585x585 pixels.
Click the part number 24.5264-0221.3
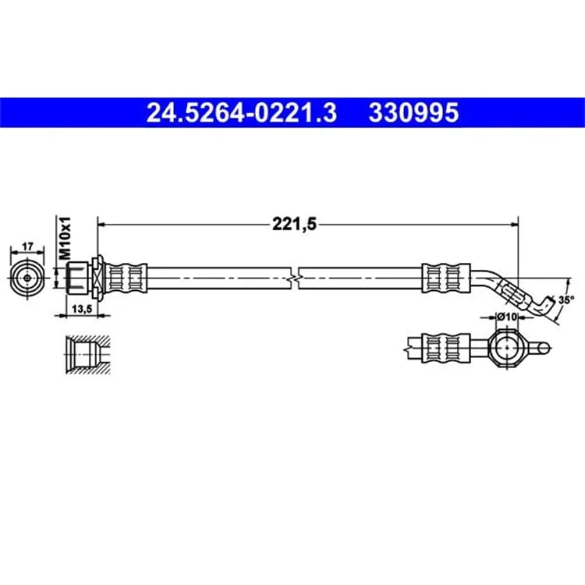241,113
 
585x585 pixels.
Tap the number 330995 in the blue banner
413,113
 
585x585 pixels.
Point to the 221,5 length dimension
294,224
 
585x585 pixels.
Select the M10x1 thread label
65,237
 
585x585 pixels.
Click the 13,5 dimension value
82,309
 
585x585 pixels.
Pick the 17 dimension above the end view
27,246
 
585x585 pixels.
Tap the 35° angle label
566,300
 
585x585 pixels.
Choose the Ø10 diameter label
507,317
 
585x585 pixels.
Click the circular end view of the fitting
27,278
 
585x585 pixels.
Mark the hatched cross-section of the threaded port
88,354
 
